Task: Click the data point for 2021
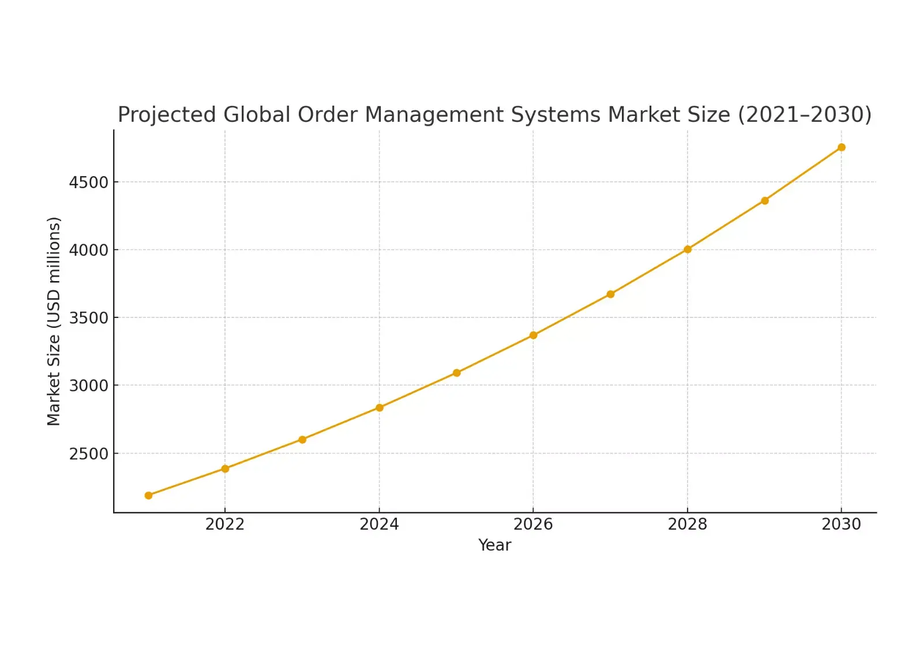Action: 148,495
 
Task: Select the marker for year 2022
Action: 225,469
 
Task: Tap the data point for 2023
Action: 302,440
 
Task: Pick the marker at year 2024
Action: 380,407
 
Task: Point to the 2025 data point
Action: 456,373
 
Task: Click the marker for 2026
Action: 533,335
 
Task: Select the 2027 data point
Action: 610,294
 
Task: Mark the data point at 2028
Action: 688,249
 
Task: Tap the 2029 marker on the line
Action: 764,201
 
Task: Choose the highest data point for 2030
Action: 842,147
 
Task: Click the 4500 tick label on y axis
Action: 88,182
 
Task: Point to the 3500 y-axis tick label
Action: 88,318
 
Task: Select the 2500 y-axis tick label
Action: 88,454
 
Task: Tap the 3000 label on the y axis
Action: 88,386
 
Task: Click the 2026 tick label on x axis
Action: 533,524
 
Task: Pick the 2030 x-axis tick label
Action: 841,524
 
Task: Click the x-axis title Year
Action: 494,545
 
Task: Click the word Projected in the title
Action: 167,115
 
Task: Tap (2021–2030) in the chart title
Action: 805,115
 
